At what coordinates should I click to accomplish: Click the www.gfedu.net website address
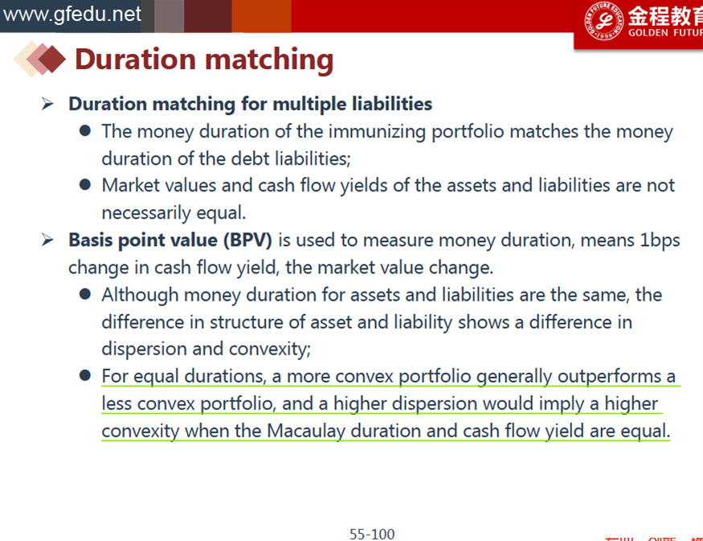click(x=72, y=14)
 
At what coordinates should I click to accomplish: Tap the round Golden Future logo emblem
click(x=604, y=21)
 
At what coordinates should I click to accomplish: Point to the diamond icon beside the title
click(x=40, y=59)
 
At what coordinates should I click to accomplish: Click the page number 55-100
click(x=372, y=534)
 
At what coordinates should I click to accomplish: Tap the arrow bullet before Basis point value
click(x=47, y=240)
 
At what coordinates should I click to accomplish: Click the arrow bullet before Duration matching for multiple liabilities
click(x=47, y=104)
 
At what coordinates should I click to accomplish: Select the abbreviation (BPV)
click(x=247, y=240)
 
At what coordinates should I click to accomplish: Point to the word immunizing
click(x=377, y=132)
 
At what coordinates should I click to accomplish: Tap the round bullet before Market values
click(x=84, y=185)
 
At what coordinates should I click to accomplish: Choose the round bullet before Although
click(x=84, y=294)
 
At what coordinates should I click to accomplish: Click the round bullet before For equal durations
click(x=84, y=375)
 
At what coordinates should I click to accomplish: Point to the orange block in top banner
click(x=261, y=16)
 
